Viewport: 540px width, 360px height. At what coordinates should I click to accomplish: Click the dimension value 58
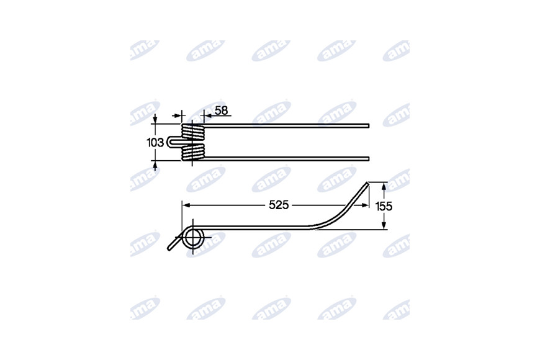(x=221, y=110)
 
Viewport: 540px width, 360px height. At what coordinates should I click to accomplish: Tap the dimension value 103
(x=155, y=142)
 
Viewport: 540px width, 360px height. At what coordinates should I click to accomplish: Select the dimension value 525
(x=279, y=205)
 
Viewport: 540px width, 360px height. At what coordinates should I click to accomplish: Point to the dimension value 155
(x=384, y=206)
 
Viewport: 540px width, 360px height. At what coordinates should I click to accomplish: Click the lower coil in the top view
(x=193, y=152)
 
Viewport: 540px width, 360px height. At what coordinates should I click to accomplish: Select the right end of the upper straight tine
(x=368, y=126)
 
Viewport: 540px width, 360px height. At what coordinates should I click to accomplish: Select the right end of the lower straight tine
(x=368, y=159)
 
